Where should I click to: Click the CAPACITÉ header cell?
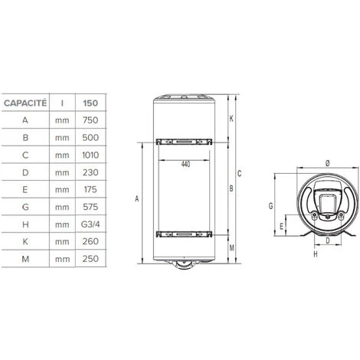[25, 103]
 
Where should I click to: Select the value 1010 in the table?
[90, 155]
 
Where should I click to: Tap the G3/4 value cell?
[90, 224]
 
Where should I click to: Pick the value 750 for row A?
[90, 120]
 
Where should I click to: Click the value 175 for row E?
[90, 189]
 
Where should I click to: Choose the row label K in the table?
[25, 241]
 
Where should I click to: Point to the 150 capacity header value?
[90, 103]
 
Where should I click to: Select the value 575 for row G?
[90, 207]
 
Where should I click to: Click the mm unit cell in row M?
[62, 259]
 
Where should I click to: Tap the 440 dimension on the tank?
[185, 164]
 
